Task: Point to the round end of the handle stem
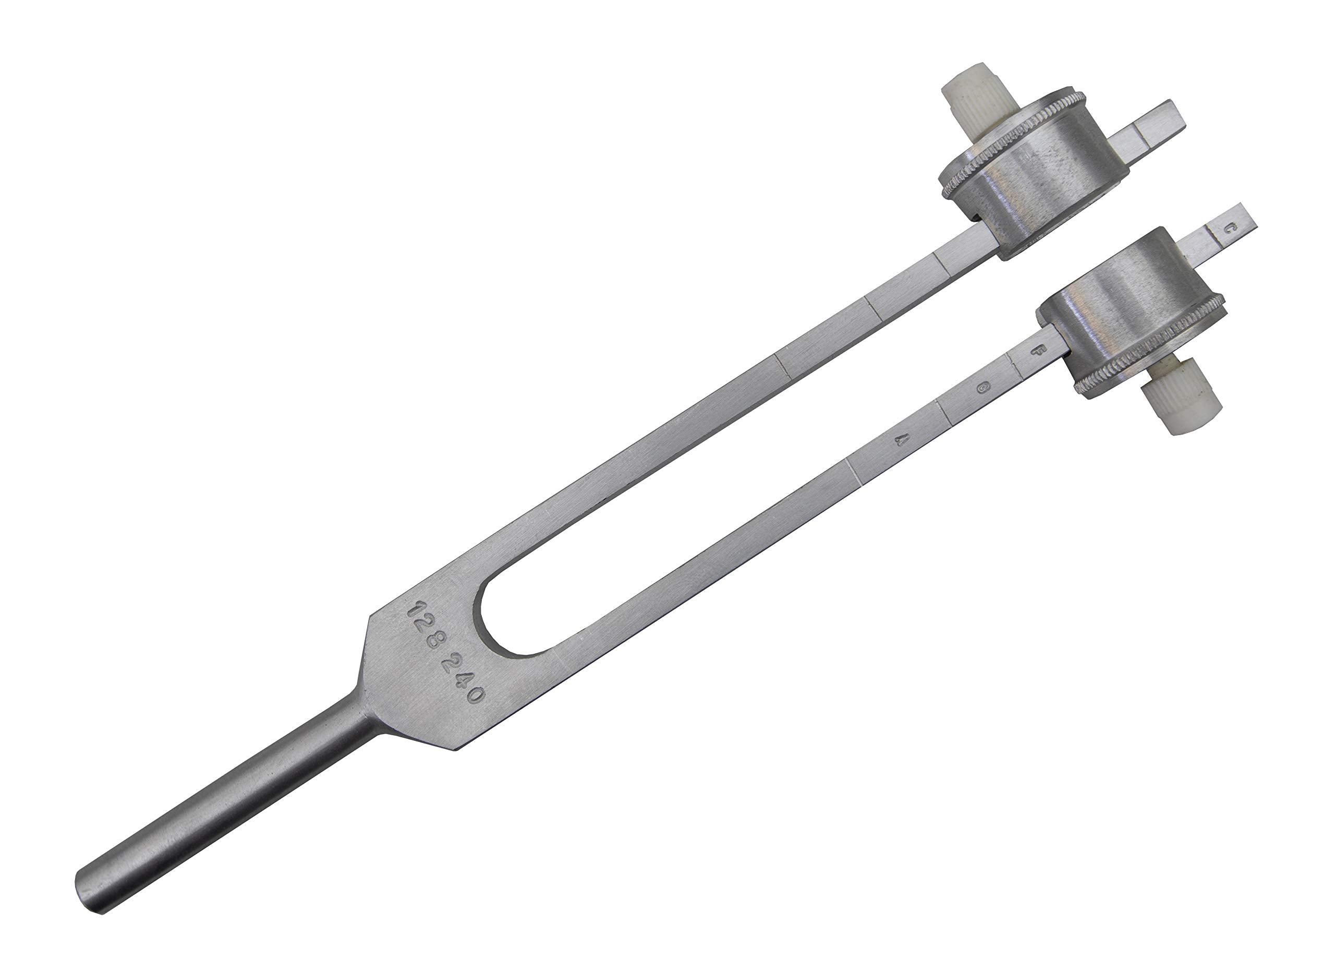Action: pos(88,893)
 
